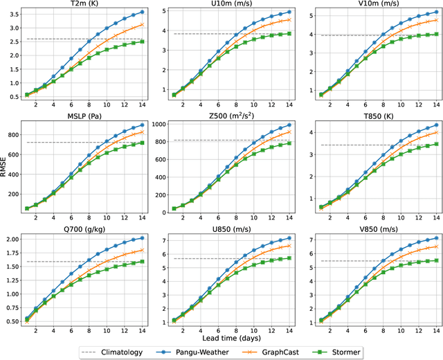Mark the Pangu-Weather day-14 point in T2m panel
pyautogui.click(x=142, y=12)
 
